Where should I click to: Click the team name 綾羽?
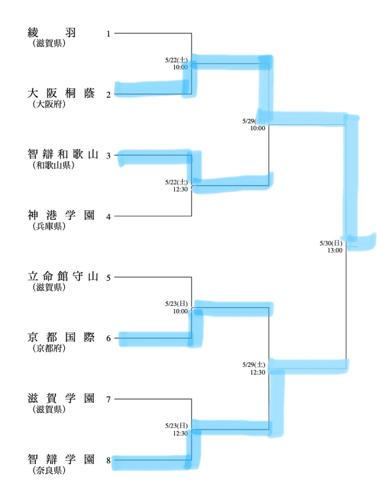(51, 32)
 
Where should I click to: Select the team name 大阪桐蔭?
(61, 93)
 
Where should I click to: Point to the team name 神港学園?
(61, 215)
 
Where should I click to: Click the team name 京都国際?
(61, 338)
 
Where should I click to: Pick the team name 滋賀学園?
(61, 398)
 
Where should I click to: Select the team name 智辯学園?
(61, 459)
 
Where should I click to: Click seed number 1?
(108, 34)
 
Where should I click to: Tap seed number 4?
(108, 216)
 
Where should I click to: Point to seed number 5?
(108, 277)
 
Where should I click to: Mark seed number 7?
(108, 399)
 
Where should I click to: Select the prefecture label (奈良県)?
(49, 470)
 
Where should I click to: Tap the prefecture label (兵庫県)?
(49, 226)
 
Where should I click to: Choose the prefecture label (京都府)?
(49, 348)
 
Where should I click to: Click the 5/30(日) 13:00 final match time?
(331, 246)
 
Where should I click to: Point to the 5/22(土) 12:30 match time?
(177, 186)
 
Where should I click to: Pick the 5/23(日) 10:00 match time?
(177, 307)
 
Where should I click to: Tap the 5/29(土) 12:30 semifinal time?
(254, 368)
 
